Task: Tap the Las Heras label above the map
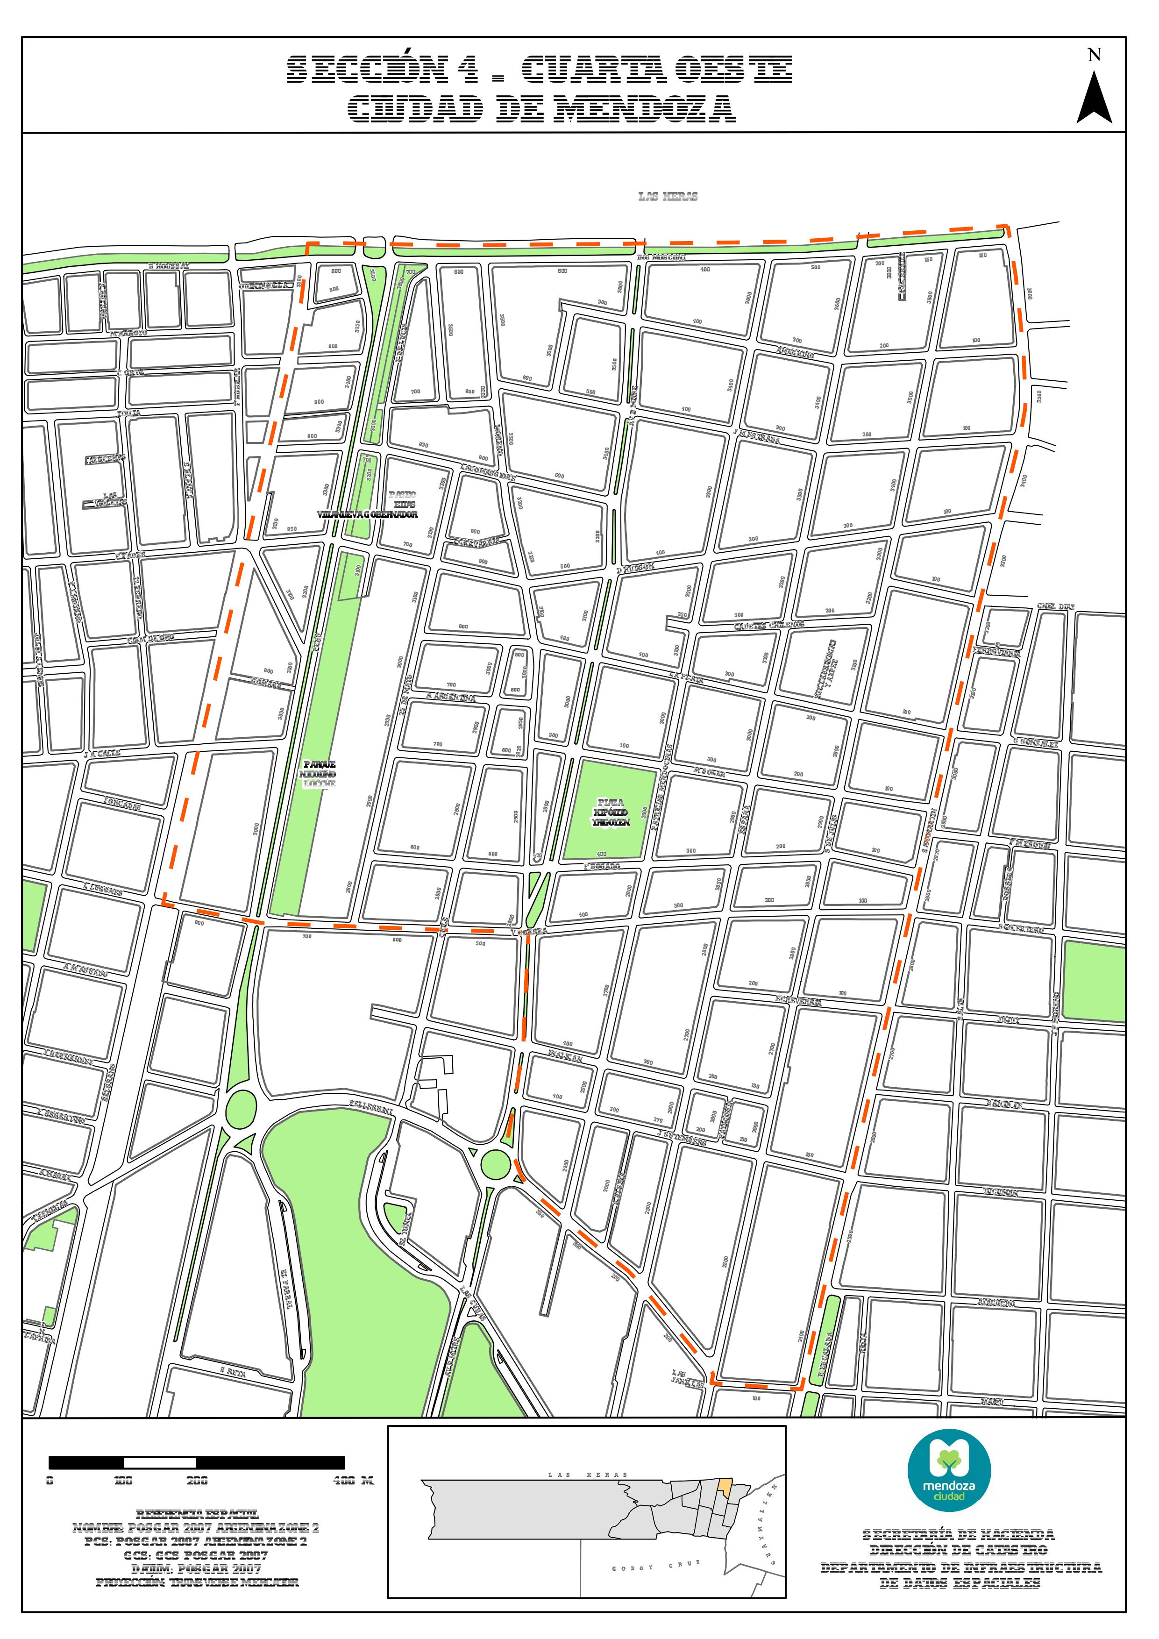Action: click(668, 196)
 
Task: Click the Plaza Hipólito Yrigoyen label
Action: click(611, 812)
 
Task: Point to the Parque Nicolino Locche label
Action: click(319, 774)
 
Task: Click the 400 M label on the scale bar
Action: click(353, 1481)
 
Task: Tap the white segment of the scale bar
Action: click(160, 1463)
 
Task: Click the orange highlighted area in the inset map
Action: click(725, 1488)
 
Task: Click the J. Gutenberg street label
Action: click(682, 1137)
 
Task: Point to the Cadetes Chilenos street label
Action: click(769, 625)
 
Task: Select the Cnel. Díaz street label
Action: click(1055, 607)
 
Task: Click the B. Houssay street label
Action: click(169, 266)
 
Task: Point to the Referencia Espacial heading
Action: click(198, 1514)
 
